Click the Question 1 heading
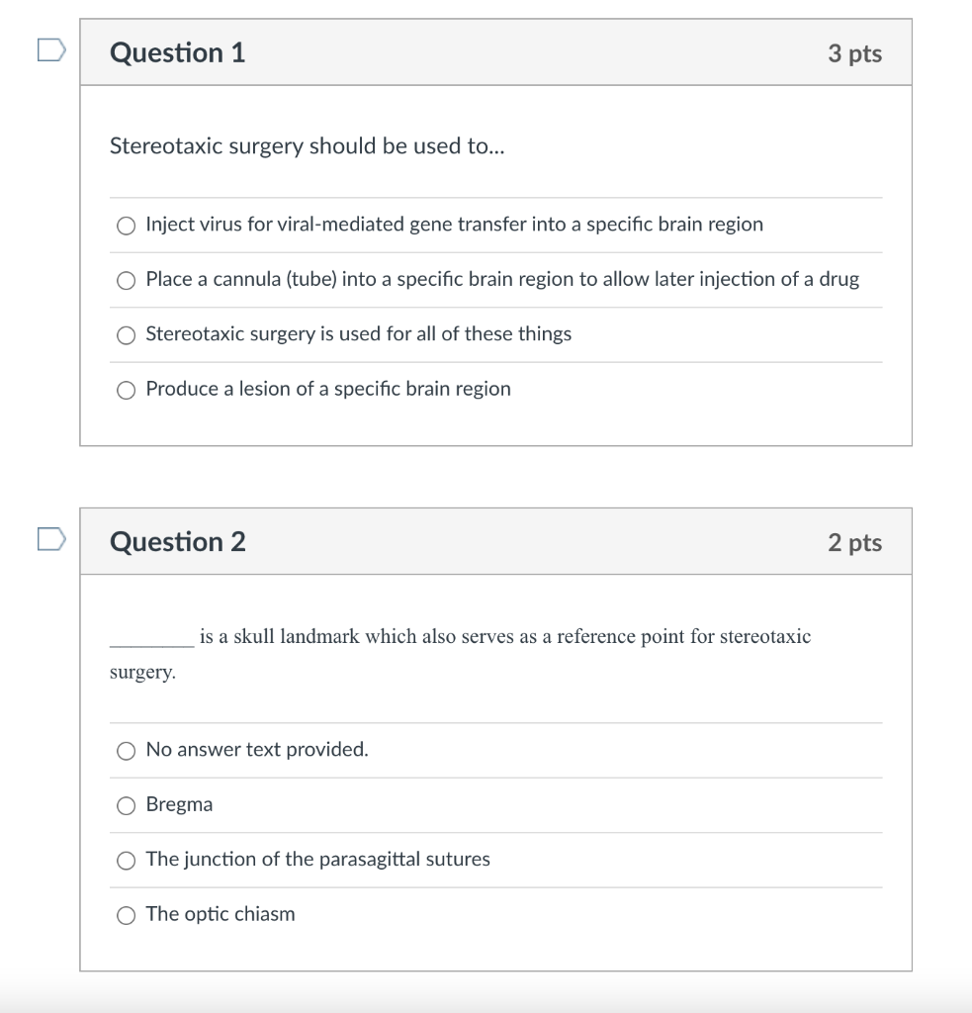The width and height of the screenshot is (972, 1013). (178, 52)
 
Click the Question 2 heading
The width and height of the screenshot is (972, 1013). (178, 542)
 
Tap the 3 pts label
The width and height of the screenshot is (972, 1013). (854, 53)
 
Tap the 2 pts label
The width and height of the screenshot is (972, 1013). (854, 543)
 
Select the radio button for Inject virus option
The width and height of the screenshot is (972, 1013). (126, 226)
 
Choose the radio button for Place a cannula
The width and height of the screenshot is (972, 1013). (126, 281)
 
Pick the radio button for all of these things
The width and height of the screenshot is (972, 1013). (126, 335)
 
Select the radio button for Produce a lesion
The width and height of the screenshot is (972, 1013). (126, 390)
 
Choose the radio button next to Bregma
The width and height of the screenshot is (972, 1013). (126, 806)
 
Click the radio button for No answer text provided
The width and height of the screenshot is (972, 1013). (126, 751)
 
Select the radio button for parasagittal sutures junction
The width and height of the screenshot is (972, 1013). (126, 861)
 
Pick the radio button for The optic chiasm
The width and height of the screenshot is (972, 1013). (126, 916)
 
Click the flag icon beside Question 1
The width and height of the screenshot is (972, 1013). (51, 49)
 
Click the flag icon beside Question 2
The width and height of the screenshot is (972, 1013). (51, 539)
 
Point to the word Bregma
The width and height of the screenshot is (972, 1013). (179, 805)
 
